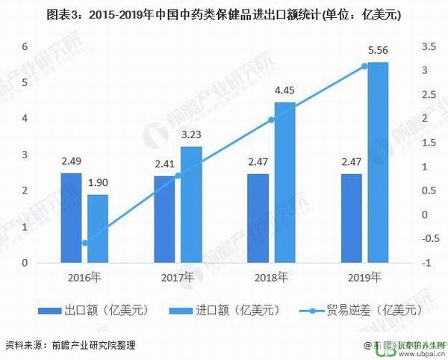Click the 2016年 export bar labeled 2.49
pos(71,218)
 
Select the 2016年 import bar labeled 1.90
pos(98,229)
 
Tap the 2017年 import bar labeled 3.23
pos(191,205)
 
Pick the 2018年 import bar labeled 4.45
pos(284,182)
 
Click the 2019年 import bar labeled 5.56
pos(377,162)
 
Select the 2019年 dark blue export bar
pos(351,218)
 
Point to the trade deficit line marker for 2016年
pos(85,243)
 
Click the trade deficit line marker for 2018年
pos(271,120)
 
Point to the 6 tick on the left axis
pos(24,46)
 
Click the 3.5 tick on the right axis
pos(428,46)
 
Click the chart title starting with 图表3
pos(224,14)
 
